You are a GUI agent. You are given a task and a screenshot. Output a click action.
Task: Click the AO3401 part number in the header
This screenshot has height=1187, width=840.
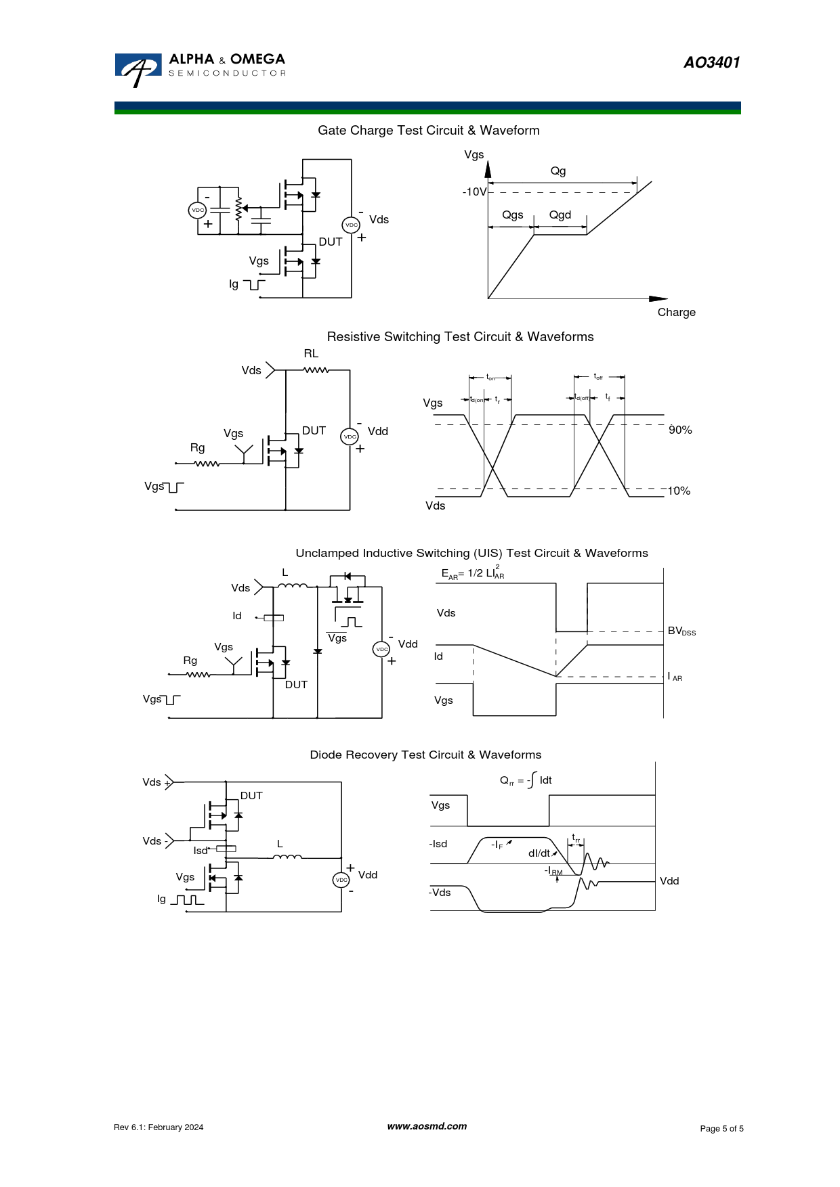[711, 63]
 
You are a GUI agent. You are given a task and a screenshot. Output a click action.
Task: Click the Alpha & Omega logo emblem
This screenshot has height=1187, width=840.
[138, 69]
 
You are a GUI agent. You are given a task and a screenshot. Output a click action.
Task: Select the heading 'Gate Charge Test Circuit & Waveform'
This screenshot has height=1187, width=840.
[428, 131]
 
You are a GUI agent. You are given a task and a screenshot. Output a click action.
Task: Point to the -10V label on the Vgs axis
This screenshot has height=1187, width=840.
[474, 192]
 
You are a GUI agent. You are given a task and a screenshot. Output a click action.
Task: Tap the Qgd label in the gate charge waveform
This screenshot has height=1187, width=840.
[560, 215]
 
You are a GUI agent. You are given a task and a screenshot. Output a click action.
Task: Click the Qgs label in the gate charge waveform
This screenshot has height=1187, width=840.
[512, 215]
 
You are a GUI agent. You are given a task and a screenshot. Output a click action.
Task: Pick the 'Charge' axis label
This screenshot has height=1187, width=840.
[676, 313]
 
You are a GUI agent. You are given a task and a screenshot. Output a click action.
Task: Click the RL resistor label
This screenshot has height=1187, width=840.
[311, 354]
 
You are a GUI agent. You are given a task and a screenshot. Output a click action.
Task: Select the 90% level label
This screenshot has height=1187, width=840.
[680, 430]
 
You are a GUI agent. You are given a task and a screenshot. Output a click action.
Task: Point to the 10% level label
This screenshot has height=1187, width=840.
[679, 491]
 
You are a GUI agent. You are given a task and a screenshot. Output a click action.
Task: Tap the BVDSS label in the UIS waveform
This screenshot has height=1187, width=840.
[681, 631]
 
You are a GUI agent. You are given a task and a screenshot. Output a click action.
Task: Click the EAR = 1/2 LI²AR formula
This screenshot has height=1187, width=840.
[473, 573]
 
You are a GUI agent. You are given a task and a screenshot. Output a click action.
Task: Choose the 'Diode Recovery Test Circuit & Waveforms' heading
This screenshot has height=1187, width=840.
[425, 755]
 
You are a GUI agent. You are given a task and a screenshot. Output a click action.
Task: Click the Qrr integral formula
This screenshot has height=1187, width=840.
[526, 780]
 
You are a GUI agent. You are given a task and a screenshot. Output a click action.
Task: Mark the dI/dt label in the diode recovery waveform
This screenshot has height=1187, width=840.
[539, 854]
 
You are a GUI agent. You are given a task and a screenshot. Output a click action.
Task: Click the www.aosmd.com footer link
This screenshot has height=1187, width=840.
[427, 1127]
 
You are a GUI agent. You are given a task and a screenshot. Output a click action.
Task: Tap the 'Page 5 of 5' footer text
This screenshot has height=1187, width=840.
[721, 1129]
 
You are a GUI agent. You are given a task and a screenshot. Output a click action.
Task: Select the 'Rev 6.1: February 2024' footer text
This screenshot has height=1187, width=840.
[159, 1127]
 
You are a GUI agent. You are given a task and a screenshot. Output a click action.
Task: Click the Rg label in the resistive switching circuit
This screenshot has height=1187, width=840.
[197, 448]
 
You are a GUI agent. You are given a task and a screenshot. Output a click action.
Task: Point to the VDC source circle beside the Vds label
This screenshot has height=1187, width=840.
[351, 225]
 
